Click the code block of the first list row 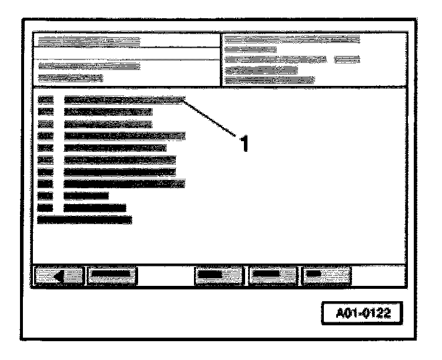click(x=45, y=100)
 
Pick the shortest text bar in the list click(x=86, y=195)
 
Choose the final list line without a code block click(x=84, y=219)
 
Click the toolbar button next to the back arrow click(x=111, y=274)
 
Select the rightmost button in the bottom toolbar click(x=326, y=274)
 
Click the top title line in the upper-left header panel click(x=87, y=41)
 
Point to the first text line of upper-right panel click(x=292, y=39)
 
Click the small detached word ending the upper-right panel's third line click(x=347, y=59)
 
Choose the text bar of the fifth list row click(x=115, y=148)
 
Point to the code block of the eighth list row click(x=45, y=184)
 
